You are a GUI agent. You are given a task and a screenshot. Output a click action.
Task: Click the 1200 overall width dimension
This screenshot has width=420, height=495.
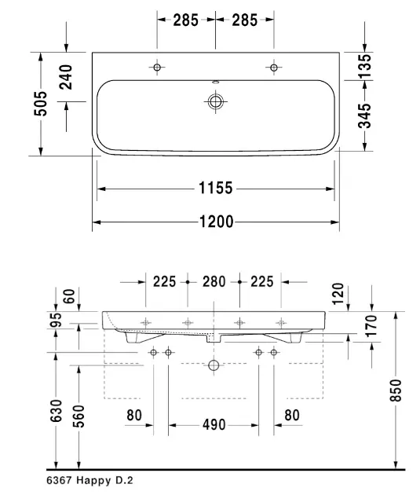tap(217, 222)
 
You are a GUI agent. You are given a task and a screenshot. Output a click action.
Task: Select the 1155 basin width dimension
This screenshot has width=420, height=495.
tap(216, 188)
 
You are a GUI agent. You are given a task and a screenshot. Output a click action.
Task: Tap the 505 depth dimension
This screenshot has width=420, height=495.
tap(41, 104)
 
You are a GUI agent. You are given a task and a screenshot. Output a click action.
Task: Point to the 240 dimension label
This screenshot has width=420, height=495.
tap(66, 77)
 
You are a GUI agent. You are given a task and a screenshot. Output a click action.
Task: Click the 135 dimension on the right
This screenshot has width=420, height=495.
tap(364, 66)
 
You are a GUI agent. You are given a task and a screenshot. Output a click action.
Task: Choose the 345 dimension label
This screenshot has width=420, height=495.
tap(364, 115)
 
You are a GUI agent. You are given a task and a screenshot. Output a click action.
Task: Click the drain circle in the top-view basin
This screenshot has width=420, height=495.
tap(215, 101)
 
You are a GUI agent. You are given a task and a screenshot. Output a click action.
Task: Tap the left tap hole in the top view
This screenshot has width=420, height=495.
tap(157, 68)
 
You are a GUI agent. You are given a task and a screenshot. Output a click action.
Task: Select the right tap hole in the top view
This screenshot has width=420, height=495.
tap(274, 68)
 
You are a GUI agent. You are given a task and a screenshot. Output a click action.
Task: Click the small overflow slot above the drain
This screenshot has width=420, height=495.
tap(216, 82)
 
